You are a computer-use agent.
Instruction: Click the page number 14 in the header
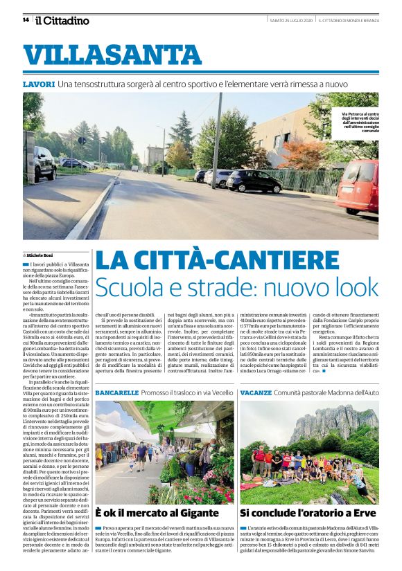click(26, 19)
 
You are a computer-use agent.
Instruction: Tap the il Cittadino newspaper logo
click(62, 20)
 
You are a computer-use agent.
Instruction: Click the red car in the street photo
click(358, 187)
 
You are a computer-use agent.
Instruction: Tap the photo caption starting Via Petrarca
click(359, 120)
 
